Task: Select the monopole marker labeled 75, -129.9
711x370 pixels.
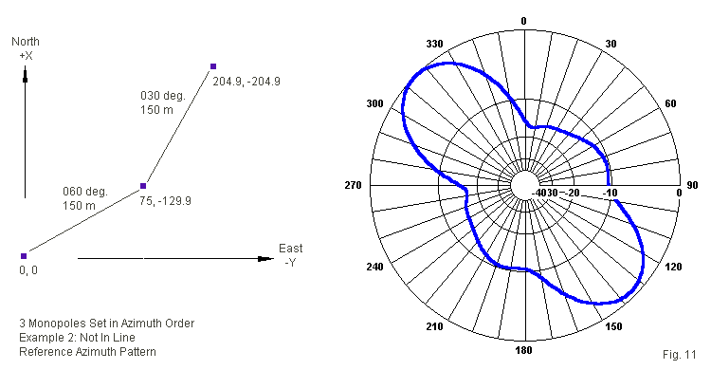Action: pos(143,186)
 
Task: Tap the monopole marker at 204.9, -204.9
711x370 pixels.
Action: pos(213,66)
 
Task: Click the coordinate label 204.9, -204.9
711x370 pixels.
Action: pos(246,82)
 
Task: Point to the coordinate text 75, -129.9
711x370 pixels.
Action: pos(165,201)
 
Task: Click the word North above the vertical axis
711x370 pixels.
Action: pos(26,42)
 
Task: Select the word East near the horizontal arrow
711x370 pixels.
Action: pos(291,249)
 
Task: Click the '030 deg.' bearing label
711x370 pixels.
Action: pos(163,96)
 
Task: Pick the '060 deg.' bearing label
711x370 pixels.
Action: pos(85,192)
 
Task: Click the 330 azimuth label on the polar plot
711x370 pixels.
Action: pos(434,44)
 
